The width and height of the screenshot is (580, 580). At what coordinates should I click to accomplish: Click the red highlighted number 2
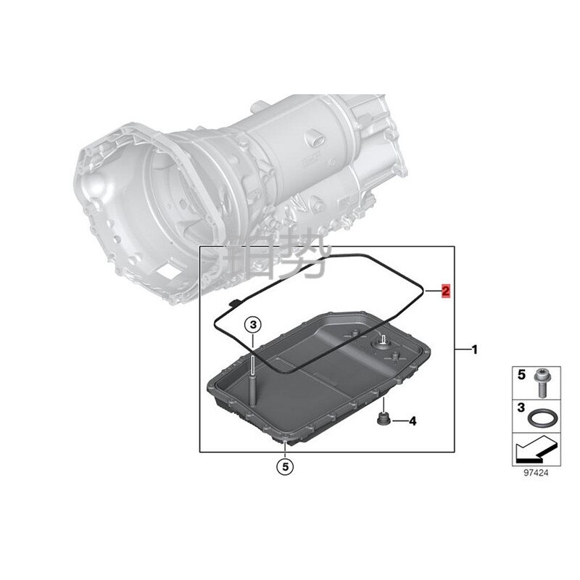click(x=446, y=291)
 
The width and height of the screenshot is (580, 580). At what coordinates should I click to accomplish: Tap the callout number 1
click(x=475, y=349)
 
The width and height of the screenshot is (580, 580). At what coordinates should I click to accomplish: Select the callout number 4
click(x=413, y=421)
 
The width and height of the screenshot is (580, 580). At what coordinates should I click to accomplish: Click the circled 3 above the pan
click(x=253, y=325)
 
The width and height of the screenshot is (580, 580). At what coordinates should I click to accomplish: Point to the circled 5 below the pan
click(x=285, y=467)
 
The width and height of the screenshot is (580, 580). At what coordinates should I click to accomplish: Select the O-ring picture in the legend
click(x=542, y=418)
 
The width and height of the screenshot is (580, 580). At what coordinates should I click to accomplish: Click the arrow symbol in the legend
click(x=536, y=449)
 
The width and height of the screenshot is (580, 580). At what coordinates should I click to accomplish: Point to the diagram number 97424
click(x=536, y=473)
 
